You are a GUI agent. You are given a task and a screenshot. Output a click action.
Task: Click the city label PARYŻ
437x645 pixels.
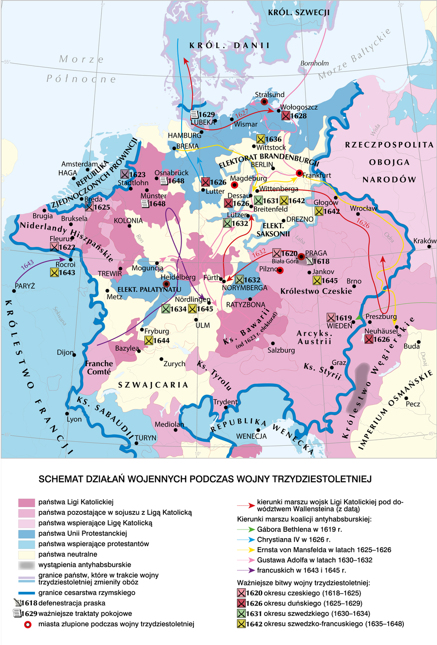click(x=25, y=286)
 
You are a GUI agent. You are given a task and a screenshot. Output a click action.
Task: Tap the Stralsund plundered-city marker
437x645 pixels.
click(x=264, y=102)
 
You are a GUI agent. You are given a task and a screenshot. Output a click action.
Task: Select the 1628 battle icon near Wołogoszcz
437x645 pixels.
click(x=285, y=116)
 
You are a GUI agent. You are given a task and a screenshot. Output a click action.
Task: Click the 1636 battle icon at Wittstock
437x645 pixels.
click(x=260, y=139)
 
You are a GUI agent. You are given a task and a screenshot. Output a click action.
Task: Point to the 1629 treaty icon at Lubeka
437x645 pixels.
click(x=194, y=115)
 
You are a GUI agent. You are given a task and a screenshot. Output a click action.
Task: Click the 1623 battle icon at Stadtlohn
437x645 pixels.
click(x=125, y=174)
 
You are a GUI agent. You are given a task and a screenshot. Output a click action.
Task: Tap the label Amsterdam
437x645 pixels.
click(x=80, y=164)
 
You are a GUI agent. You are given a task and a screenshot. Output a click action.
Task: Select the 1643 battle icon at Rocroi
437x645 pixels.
click(x=55, y=272)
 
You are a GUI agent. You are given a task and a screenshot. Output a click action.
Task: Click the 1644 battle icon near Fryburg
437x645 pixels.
click(x=149, y=340)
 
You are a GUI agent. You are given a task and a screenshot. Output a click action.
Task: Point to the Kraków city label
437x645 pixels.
click(x=424, y=241)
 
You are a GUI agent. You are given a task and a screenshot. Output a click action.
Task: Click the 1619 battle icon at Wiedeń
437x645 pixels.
click(x=331, y=317)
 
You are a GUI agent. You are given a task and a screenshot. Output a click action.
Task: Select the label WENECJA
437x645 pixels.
click(x=251, y=436)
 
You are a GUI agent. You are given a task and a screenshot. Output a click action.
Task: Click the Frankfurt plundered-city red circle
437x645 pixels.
click(x=299, y=173)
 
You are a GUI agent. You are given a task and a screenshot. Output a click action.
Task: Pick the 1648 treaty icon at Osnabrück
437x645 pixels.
click(x=164, y=181)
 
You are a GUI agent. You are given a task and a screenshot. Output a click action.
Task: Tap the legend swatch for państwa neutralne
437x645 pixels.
click(x=26, y=554)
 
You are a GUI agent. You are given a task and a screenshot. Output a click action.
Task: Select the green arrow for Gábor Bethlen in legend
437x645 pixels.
click(x=246, y=529)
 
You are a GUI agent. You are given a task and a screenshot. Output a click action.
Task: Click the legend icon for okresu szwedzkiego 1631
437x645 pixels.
click(x=241, y=614)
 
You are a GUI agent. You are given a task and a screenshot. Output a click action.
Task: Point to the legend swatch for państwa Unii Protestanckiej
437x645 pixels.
click(x=26, y=534)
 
